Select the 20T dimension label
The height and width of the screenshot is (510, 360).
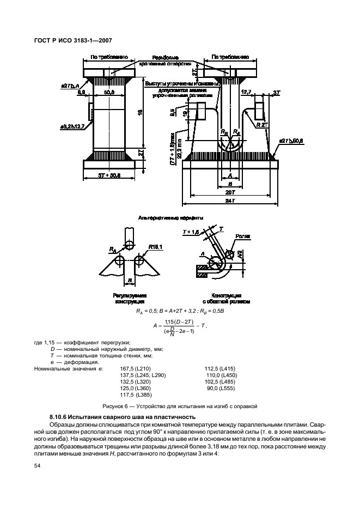231,193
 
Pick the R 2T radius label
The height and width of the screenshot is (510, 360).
261,125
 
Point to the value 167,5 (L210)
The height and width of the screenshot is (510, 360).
137,369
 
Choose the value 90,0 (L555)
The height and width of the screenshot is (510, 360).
220,387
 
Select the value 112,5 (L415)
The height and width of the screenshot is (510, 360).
221,369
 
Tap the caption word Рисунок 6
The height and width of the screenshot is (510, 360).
117,406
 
